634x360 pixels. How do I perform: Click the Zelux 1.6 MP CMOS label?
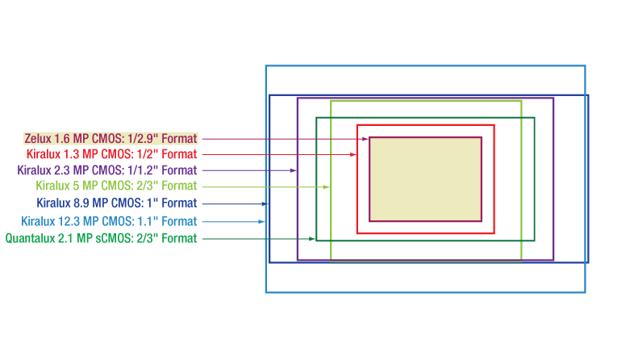[x=111, y=139]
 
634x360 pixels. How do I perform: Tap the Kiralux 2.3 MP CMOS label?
[x=106, y=170]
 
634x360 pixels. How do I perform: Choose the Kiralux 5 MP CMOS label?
[x=115, y=186]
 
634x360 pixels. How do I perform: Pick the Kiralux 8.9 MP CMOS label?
[x=116, y=203]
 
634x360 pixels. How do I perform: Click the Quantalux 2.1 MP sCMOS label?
[x=101, y=238]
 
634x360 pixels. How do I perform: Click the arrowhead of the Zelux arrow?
[x=365, y=139]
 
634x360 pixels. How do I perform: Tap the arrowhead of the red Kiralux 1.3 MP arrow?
[x=353, y=154]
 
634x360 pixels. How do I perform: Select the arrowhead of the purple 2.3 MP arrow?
[x=294, y=170]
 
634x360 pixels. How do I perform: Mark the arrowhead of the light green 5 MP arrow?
[x=326, y=186]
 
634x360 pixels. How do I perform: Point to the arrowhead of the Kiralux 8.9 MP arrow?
[x=265, y=203]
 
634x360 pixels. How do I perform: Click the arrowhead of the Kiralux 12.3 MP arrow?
[x=261, y=221]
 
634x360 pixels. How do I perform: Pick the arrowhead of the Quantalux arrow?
[x=312, y=238]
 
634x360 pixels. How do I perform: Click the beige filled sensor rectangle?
[x=425, y=178]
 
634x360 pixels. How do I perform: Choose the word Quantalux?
[x=31, y=238]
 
